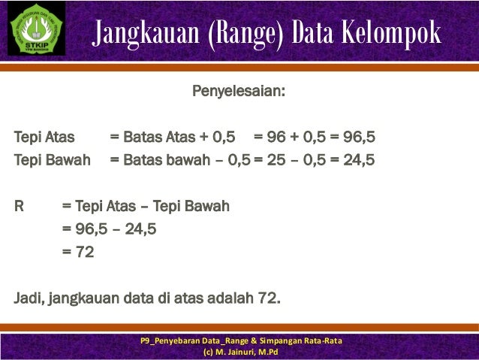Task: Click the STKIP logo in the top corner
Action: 36,29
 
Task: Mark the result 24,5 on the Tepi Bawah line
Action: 359,160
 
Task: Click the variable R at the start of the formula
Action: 20,205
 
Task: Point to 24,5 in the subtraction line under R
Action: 140,228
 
